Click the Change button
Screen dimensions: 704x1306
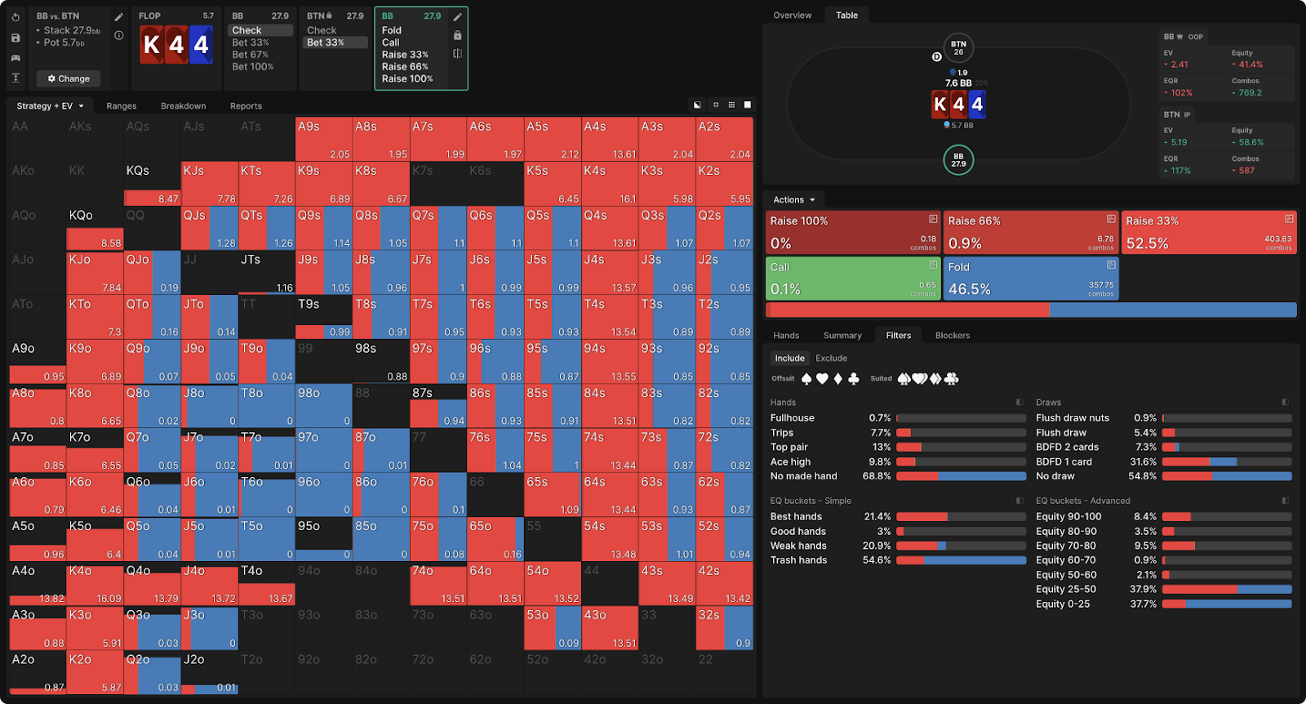click(x=69, y=78)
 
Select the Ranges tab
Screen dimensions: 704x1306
click(x=121, y=106)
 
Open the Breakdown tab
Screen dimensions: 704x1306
click(x=183, y=106)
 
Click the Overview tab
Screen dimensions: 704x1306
click(x=792, y=16)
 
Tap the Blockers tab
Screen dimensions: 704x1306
click(x=952, y=336)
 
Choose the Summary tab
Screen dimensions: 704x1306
click(x=842, y=336)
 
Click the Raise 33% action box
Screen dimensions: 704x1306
click(x=1209, y=233)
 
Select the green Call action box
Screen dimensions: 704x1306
click(x=853, y=278)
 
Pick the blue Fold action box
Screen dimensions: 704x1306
click(x=1031, y=278)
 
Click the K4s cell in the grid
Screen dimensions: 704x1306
click(x=610, y=184)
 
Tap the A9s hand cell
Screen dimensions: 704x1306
click(x=324, y=139)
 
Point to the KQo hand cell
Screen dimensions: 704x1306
click(x=95, y=228)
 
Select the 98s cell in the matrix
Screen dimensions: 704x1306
click(x=381, y=361)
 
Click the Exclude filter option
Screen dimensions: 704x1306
click(x=831, y=359)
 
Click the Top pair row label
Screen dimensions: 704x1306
click(x=788, y=448)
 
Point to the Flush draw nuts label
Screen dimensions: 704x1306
click(x=1073, y=418)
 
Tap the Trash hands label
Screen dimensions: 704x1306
click(x=798, y=560)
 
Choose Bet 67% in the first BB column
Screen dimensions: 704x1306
click(x=250, y=55)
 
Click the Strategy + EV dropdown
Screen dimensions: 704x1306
click(x=51, y=106)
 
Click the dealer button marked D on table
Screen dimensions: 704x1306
click(x=936, y=57)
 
